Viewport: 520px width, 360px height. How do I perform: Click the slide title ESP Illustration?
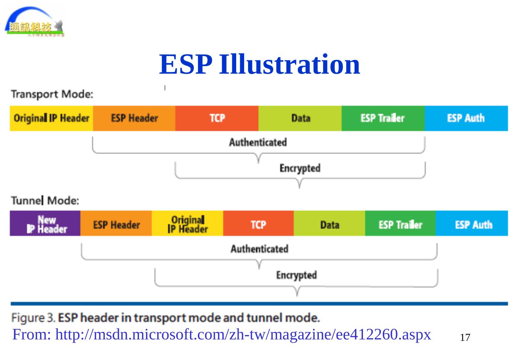click(x=260, y=64)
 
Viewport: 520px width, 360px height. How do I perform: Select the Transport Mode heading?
click(x=52, y=94)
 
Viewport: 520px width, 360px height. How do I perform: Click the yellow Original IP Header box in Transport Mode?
click(x=51, y=118)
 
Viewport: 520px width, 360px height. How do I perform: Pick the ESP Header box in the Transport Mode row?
click(x=134, y=118)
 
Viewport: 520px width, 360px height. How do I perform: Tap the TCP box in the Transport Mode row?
click(x=217, y=118)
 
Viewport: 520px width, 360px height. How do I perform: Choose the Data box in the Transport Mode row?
click(x=300, y=118)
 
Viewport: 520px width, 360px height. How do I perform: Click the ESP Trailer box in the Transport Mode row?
click(x=383, y=118)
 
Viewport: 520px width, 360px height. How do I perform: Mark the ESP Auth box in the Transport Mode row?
click(x=466, y=118)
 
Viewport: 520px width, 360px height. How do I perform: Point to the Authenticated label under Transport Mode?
click(x=258, y=142)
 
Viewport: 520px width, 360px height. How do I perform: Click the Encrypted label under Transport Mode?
click(x=300, y=168)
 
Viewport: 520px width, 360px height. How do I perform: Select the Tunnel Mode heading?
click(x=45, y=200)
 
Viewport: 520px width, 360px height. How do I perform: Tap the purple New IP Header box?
click(x=45, y=224)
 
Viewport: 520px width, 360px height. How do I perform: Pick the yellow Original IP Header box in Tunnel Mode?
click(x=188, y=224)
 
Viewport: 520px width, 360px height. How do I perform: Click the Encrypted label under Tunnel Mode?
click(x=296, y=275)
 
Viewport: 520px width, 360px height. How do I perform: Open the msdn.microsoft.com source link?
click(x=243, y=335)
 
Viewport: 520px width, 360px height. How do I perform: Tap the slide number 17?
click(x=465, y=338)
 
